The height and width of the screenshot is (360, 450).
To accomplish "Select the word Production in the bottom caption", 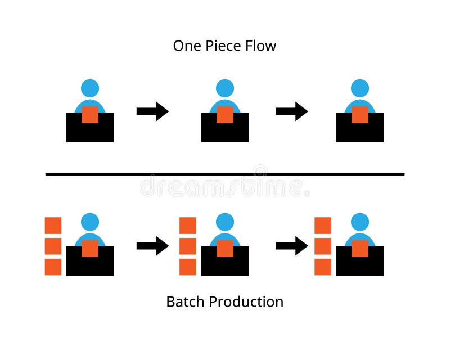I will pos(246,301).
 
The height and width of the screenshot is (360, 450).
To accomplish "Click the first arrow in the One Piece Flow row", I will pos(152,111).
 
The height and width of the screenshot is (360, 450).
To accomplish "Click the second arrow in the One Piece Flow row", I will pos(291,111).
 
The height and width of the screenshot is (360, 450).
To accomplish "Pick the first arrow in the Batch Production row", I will pos(152,246).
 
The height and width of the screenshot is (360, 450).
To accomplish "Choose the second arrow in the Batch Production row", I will pos(291,246).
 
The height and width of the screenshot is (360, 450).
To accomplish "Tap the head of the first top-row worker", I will pos(90,88).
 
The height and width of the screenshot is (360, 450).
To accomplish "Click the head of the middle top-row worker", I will pos(225,88).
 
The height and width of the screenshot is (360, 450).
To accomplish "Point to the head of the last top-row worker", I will pos(360,88).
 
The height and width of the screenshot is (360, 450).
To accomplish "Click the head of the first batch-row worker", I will pos(90,222).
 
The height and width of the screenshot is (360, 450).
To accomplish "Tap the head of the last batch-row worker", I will pos(360,222).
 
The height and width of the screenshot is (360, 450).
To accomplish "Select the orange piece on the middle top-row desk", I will pos(225,114).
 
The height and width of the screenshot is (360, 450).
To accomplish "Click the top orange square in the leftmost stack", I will pos(53,226).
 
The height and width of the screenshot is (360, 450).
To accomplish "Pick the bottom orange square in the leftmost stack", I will pos(53,267).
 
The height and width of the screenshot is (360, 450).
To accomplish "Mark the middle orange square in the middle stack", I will pos(188,246).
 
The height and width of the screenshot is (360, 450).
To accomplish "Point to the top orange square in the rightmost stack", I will pos(323,226).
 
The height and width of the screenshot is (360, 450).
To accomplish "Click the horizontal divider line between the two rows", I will pos(225,174).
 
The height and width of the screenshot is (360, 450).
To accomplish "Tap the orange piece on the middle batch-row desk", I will pos(225,248).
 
